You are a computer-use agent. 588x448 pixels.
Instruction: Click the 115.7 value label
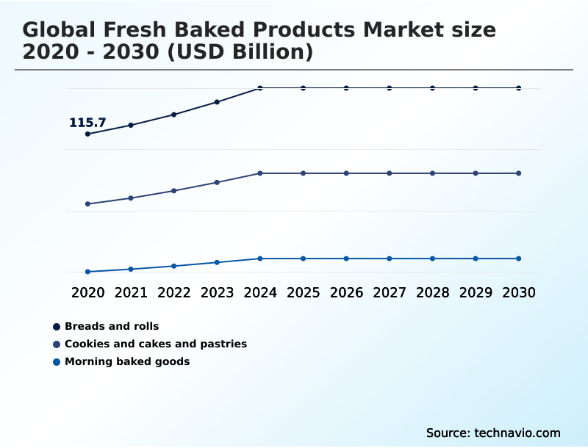[87, 123]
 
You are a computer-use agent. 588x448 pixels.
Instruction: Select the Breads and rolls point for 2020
[87, 134]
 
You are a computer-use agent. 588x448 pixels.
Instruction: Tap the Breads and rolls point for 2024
[260, 88]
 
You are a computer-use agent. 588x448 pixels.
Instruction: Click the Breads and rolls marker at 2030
[519, 88]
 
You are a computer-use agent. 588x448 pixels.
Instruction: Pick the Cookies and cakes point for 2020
[87, 204]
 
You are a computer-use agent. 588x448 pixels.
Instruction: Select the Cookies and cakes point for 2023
[217, 182]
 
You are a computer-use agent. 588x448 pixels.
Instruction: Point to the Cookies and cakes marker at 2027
[390, 173]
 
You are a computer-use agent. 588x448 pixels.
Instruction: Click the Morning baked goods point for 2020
[87, 272]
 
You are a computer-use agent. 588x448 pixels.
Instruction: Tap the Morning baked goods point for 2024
[260, 259]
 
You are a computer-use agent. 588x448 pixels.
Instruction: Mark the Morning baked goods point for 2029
[476, 259]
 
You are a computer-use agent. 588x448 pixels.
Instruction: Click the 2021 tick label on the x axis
[131, 292]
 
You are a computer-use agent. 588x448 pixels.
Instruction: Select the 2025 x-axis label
[303, 292]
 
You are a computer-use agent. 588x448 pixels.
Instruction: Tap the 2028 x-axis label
[432, 292]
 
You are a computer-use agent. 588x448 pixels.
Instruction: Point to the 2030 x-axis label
[519, 292]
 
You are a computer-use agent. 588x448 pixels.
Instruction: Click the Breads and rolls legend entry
[112, 326]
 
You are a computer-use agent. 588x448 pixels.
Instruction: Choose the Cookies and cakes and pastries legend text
[156, 344]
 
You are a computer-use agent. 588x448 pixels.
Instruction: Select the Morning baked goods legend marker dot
[57, 361]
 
